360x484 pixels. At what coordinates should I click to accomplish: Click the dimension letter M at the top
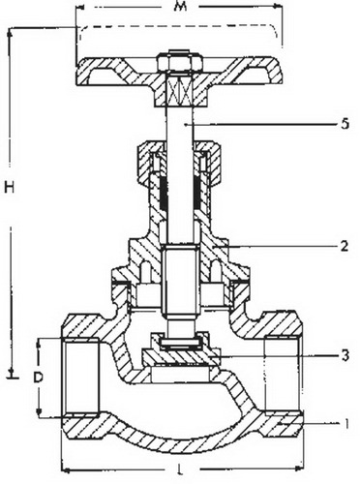coord(180,7)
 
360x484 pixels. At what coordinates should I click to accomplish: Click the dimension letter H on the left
coord(10,187)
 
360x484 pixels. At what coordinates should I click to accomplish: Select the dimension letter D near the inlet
coord(38,377)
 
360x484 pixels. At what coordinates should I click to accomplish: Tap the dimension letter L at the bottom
coord(180,469)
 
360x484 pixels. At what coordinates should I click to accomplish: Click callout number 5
coord(345,124)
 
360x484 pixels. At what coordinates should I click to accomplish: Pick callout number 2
coord(345,247)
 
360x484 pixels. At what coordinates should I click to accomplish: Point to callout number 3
coord(345,355)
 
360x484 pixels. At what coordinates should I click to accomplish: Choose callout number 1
coord(346,424)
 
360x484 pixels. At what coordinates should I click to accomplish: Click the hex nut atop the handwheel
coord(180,61)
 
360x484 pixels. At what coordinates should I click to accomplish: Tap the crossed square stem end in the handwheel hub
coord(180,91)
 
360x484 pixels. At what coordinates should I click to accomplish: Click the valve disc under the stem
coord(180,357)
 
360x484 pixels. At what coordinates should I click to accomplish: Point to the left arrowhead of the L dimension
coord(66,469)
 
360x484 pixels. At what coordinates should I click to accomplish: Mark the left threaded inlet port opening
coord(80,377)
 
